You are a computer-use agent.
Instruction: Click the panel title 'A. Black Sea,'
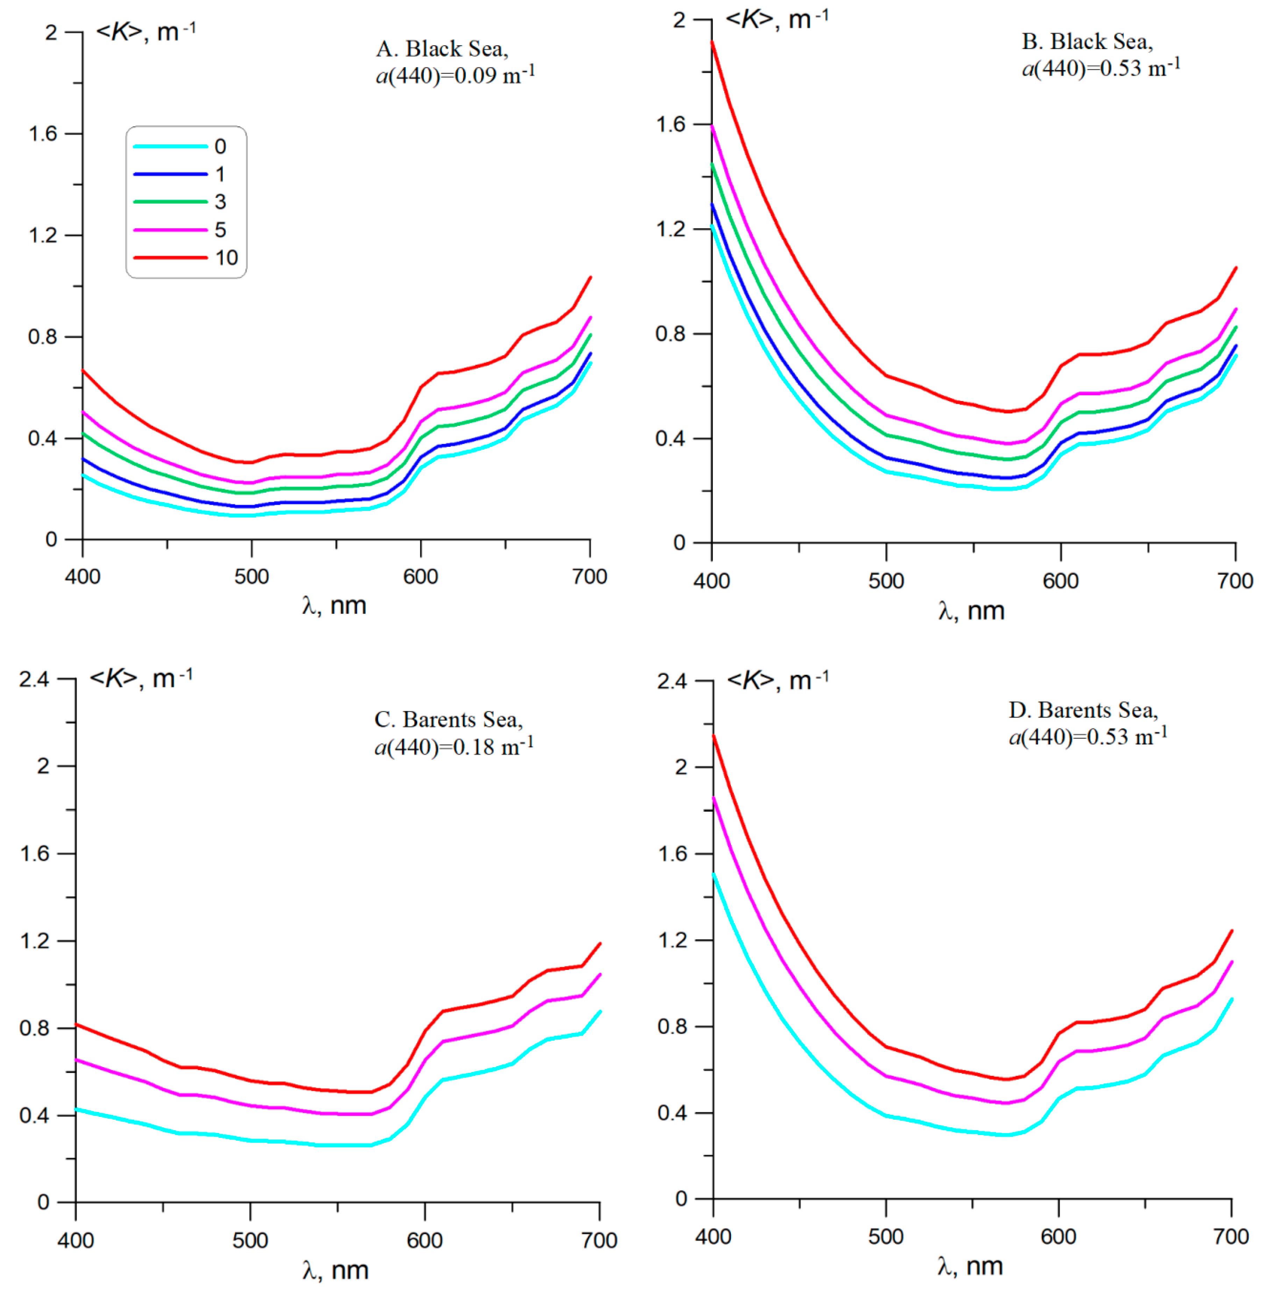click(442, 49)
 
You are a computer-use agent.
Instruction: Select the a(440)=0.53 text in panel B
click(1101, 68)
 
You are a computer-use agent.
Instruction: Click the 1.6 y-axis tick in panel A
click(43, 134)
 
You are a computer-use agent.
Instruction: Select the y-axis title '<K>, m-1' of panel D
click(778, 680)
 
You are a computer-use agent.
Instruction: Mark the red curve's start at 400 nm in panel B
click(712, 42)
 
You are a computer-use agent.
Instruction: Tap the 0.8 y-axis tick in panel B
click(670, 334)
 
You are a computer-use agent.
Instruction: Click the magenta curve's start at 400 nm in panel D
click(713, 798)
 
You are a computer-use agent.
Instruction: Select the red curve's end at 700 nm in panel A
click(590, 277)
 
